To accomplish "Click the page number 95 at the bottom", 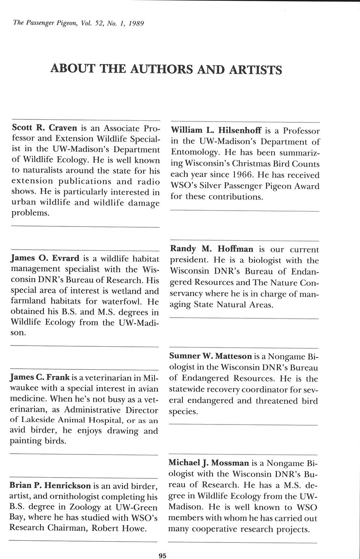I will tap(163, 556).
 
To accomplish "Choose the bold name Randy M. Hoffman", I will tap(212, 249).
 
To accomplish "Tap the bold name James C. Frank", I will tap(40, 378).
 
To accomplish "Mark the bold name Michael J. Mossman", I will tap(209, 463).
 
